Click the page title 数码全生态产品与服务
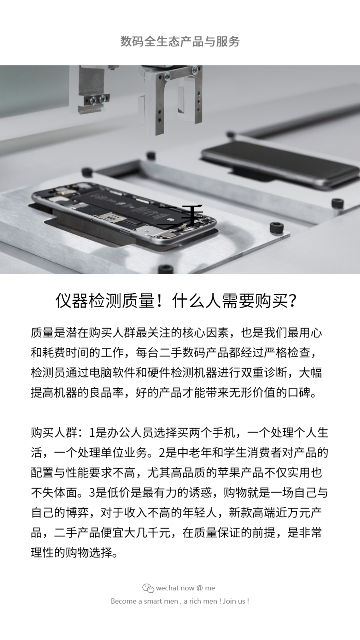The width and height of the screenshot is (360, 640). pyautogui.click(x=180, y=42)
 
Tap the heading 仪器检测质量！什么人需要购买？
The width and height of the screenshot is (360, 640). pyautogui.click(x=176, y=301)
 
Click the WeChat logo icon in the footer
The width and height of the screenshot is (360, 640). pyautogui.click(x=148, y=588)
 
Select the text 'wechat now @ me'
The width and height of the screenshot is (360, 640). pyautogui.click(x=186, y=588)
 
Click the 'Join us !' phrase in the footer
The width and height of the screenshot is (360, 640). pyautogui.click(x=236, y=601)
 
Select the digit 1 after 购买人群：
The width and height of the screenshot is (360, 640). pyautogui.click(x=92, y=433)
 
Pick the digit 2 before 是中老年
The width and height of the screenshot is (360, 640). pyautogui.click(x=162, y=453)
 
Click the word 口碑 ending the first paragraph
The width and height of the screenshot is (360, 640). pyautogui.click(x=299, y=393)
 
